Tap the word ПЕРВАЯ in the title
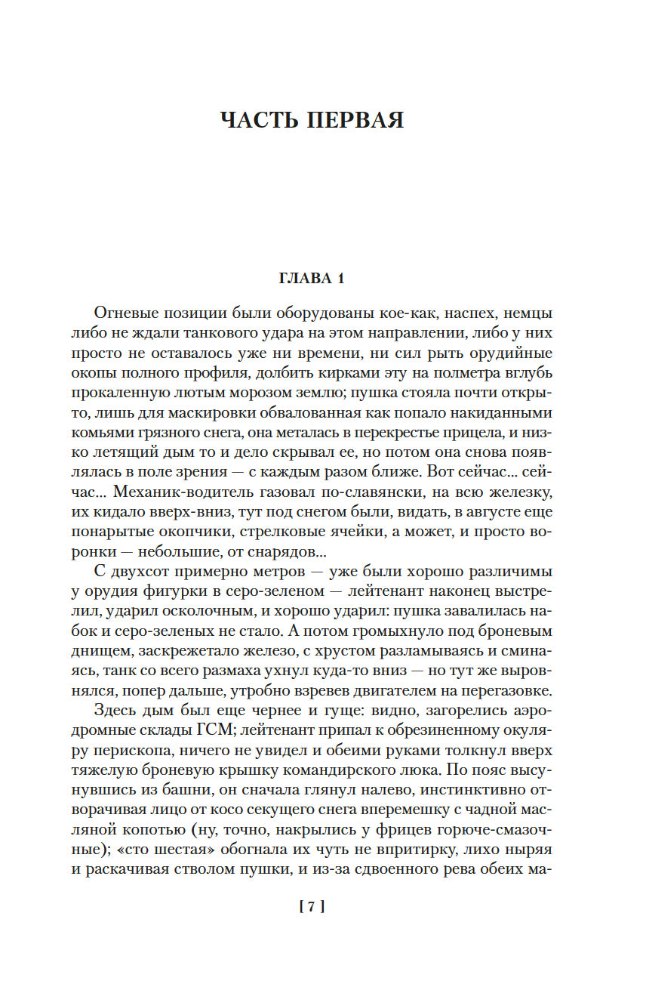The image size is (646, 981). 356,120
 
